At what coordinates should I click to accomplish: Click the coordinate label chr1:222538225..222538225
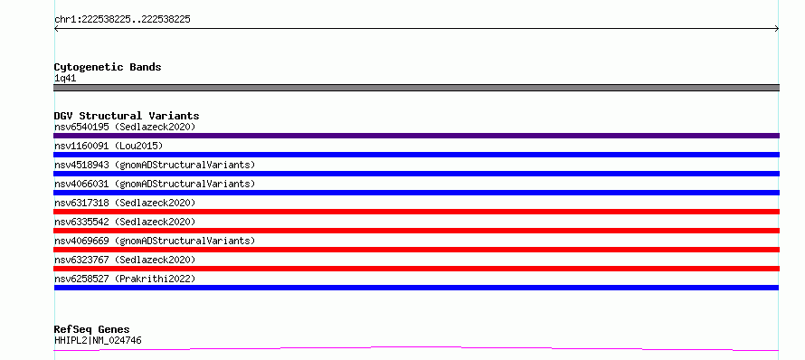pos(122,20)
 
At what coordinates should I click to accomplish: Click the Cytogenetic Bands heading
pos(108,67)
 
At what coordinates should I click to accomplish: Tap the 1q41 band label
pos(65,79)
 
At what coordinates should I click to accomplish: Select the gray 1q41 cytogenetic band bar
pos(416,88)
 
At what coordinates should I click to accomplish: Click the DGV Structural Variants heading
pos(127,116)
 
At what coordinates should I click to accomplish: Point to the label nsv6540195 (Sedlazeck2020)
pos(125,127)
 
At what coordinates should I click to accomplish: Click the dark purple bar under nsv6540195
pos(416,136)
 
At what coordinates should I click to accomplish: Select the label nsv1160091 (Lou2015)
pos(109,146)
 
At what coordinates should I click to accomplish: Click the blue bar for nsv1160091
pos(416,155)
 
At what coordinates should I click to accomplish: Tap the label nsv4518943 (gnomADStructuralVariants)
pos(155,165)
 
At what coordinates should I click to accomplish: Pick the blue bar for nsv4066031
pos(416,193)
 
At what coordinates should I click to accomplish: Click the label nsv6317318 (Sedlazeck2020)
pos(125,203)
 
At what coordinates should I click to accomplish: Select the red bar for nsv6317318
pos(416,212)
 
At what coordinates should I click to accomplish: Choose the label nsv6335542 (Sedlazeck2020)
pos(125,222)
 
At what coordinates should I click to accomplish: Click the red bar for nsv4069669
pos(416,250)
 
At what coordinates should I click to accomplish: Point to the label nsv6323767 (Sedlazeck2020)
pos(125,260)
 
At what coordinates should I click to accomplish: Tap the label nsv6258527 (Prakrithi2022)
pos(125,279)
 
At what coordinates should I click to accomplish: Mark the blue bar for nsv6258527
pos(416,288)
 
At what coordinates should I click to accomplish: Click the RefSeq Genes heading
pos(92,330)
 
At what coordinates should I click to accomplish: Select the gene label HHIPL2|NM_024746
pos(98,340)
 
